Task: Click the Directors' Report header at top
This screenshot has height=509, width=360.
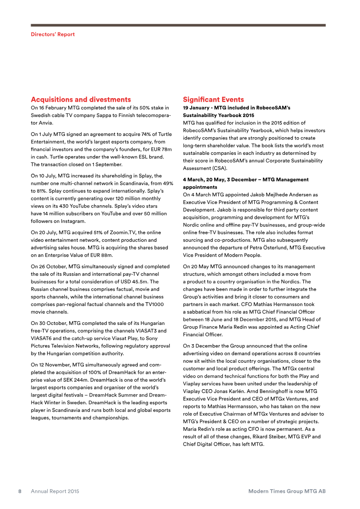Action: (x=53, y=34)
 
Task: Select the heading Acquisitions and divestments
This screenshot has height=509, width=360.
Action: (x=81, y=99)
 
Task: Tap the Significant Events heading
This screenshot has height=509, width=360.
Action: (x=213, y=99)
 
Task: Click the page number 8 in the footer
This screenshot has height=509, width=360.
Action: (x=20, y=491)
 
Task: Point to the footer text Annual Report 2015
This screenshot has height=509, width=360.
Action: (x=55, y=491)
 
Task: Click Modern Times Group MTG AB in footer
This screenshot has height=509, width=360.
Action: (x=287, y=491)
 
